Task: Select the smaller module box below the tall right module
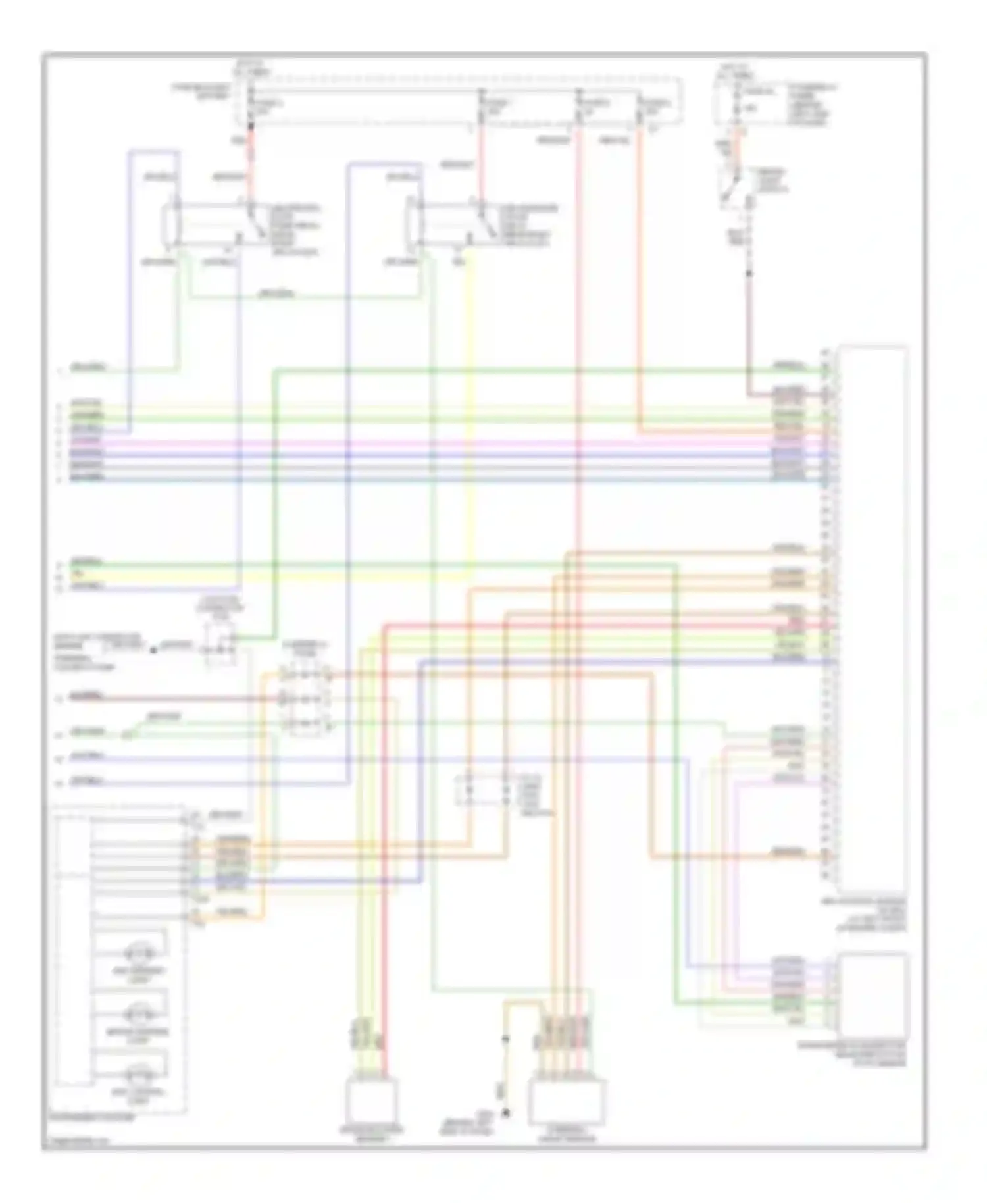(x=873, y=994)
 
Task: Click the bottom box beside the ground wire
(x=567, y=1102)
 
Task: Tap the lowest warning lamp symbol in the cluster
(x=139, y=1073)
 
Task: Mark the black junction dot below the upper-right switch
(x=749, y=272)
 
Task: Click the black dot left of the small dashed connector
(x=153, y=650)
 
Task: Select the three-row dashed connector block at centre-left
(x=305, y=700)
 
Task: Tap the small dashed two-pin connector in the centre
(x=486, y=789)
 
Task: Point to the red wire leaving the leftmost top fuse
(x=251, y=158)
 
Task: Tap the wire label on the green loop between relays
(x=276, y=294)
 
